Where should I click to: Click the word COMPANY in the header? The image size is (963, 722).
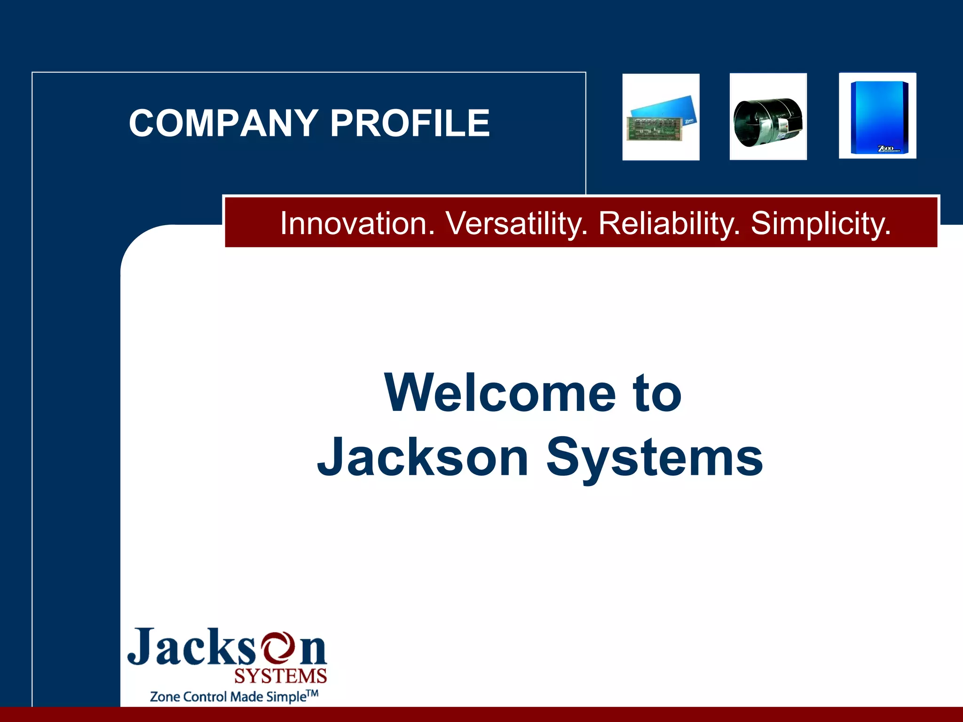[x=223, y=123]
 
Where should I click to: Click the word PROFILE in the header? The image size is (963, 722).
[x=410, y=123]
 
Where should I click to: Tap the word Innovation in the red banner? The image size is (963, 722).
[x=357, y=223]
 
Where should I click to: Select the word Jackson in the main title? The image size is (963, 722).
[x=423, y=457]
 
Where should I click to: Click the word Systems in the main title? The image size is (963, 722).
[x=654, y=457]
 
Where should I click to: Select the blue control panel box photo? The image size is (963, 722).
[x=877, y=116]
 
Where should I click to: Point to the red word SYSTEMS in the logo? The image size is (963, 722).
[x=280, y=676]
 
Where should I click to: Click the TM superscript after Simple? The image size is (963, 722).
[x=312, y=693]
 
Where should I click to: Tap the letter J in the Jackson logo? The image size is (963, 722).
[x=142, y=647]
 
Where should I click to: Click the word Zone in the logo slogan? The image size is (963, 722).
[x=165, y=697]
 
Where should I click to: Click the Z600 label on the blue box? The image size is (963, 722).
[x=886, y=149]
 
